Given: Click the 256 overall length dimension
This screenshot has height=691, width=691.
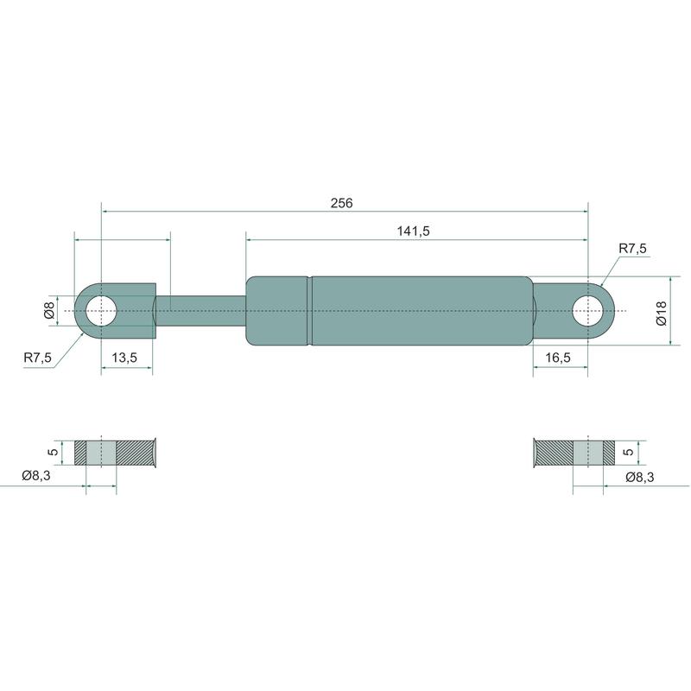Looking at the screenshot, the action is pos(341,203).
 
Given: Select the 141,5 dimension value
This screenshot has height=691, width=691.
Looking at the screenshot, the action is pos(413,231).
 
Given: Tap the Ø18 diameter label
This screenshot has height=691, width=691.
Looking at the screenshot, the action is pos(662,313).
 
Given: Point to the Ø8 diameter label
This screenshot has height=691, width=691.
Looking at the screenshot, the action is pos(49,310).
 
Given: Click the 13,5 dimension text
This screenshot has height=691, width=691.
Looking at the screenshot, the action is pos(124,358).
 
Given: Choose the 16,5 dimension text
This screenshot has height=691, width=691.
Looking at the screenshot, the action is pos(558,358).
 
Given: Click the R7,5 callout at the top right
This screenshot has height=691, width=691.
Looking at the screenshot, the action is pos(632,249).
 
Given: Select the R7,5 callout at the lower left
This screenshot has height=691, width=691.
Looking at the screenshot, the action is pos(37,358).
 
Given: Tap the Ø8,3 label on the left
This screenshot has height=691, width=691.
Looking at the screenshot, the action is pos(36,476).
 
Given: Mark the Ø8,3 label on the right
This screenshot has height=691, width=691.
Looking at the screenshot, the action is pos(639,477).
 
